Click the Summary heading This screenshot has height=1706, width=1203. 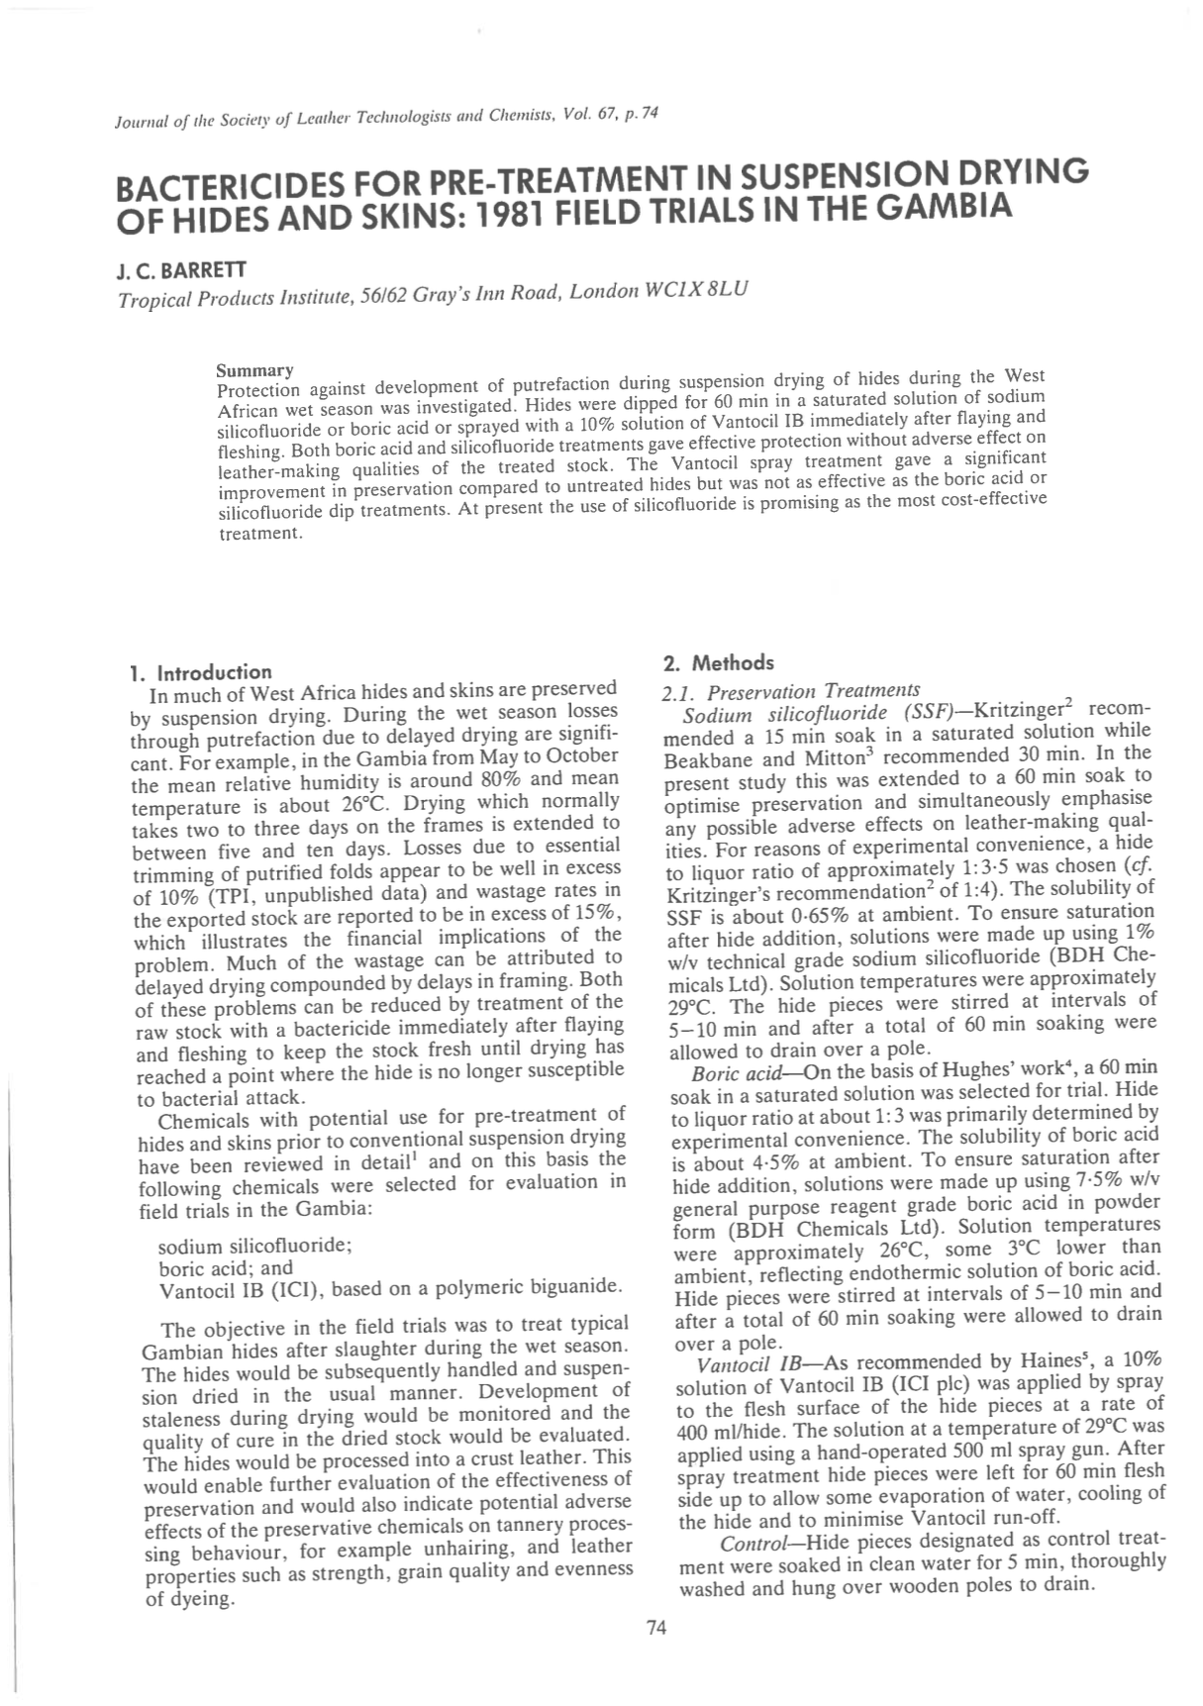pos(254,370)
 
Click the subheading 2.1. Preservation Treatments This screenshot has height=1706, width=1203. pos(791,690)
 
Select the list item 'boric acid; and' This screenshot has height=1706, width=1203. pos(226,1267)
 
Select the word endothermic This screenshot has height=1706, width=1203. pos(894,1274)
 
